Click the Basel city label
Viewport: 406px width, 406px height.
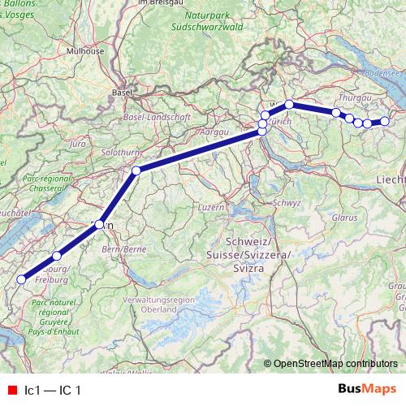123,92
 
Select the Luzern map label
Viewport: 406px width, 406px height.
210,207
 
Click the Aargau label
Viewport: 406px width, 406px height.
211,130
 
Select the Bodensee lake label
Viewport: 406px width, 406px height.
383,71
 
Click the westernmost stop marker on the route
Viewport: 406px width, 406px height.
21,280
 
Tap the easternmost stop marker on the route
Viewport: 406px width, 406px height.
385,122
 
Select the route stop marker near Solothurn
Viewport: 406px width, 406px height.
136,170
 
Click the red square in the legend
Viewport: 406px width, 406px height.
11,391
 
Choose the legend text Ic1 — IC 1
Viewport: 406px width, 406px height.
53,391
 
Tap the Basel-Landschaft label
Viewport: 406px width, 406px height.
156,117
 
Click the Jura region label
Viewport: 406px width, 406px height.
79,143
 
